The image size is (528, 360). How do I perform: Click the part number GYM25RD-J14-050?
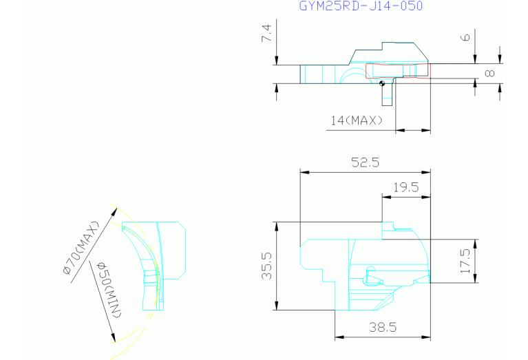point(361,6)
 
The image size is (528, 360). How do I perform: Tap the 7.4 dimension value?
point(266,33)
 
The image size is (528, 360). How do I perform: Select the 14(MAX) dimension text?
point(357,120)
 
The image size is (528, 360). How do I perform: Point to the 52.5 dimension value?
point(365,162)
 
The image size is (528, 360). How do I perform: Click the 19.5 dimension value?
point(406,187)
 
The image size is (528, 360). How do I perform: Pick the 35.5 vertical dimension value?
point(266,266)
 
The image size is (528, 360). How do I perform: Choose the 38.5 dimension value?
point(383,327)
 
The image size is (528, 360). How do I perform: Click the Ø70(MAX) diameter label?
point(81,248)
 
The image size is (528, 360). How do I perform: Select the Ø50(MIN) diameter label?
point(109,290)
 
